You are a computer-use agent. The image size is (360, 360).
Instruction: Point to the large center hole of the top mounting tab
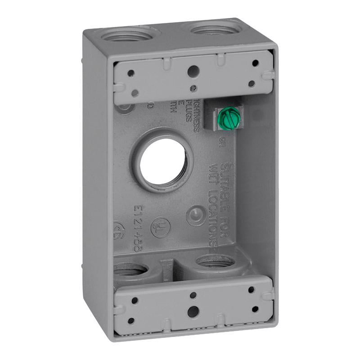(193, 70)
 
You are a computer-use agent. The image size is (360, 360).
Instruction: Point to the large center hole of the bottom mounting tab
(193, 310)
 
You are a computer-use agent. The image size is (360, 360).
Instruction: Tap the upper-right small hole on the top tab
(255, 63)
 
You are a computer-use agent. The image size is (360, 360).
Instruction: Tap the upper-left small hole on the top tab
(130, 73)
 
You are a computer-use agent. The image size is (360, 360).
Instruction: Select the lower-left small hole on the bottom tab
(131, 321)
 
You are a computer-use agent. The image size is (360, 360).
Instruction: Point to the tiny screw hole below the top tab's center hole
(193, 87)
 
